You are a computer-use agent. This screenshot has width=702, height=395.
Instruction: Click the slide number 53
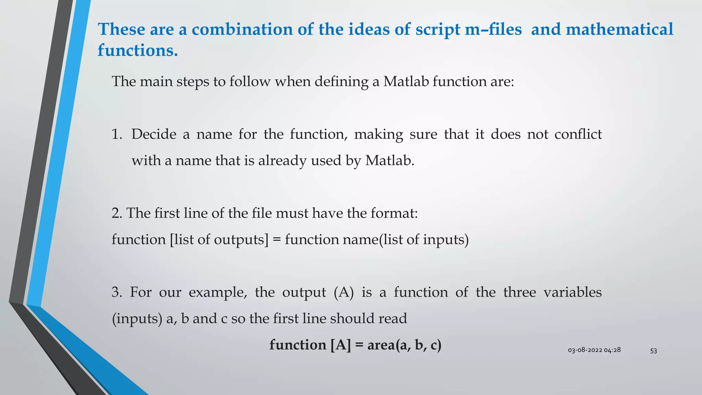[x=653, y=351]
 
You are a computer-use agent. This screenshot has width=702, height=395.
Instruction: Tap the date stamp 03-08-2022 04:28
[x=594, y=350]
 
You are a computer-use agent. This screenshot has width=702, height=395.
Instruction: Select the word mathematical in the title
[x=619, y=29]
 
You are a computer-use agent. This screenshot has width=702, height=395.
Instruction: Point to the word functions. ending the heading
[x=138, y=50]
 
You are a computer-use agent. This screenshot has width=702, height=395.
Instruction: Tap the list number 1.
[x=117, y=134]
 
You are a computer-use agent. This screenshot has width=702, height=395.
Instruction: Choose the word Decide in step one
[x=154, y=134]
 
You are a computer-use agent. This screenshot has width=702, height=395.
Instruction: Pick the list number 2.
[x=117, y=213]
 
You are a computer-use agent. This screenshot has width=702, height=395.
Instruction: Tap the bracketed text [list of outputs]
[x=219, y=240]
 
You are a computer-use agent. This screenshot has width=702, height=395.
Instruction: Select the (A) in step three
[x=344, y=292]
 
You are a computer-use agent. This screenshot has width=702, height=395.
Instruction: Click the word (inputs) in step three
[x=137, y=319]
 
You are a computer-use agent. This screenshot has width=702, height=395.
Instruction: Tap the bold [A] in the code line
[x=341, y=345]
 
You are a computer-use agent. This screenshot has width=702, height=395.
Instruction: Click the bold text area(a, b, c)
[x=404, y=345]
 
